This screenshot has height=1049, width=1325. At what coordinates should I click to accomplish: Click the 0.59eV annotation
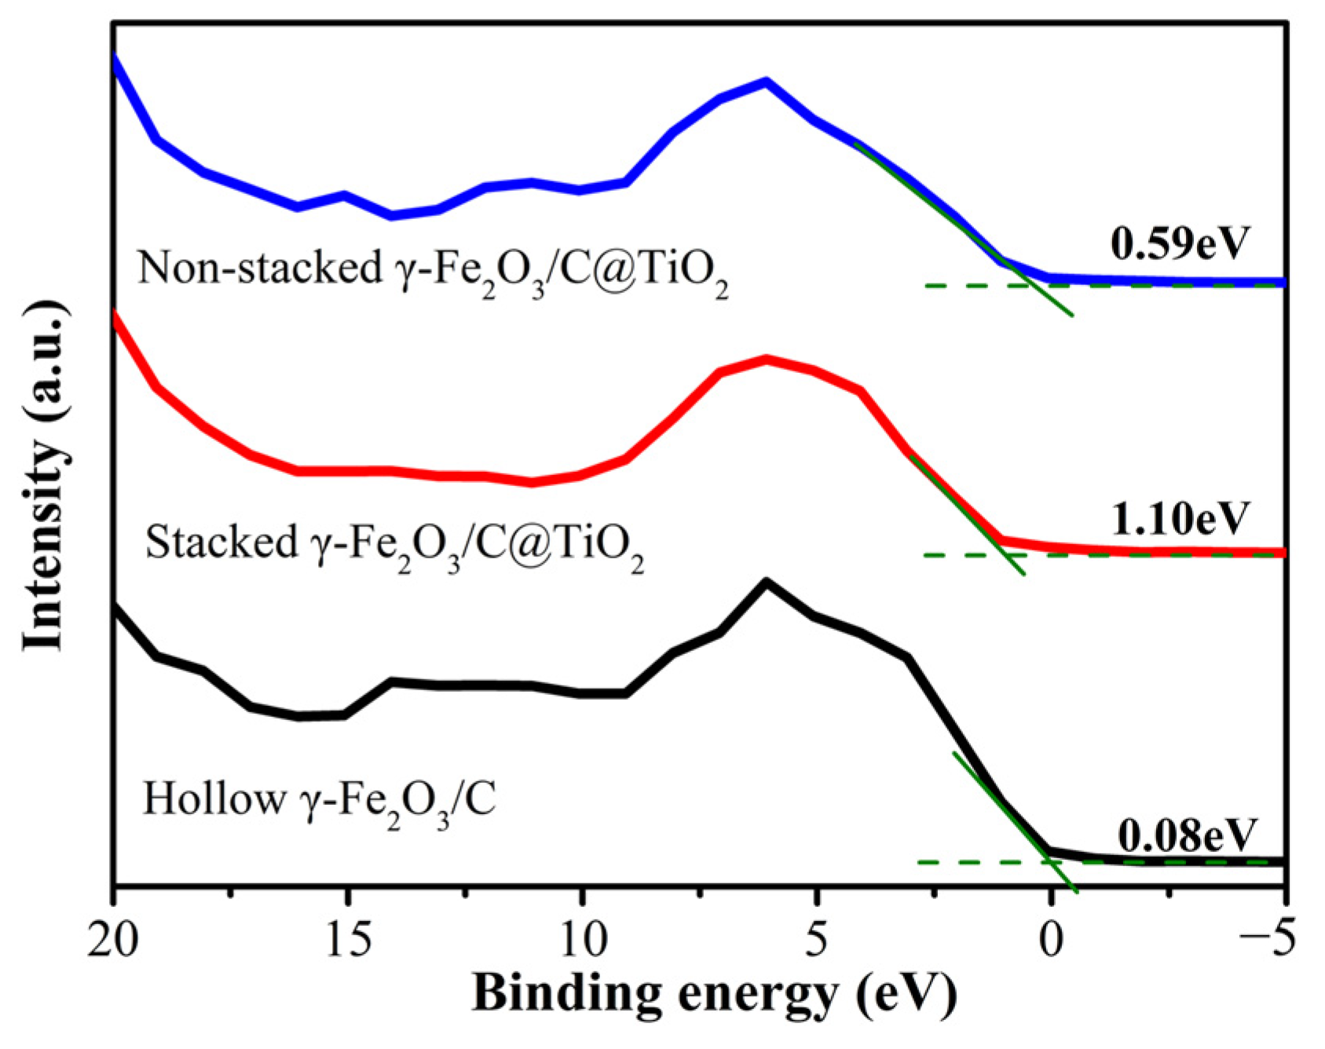coord(1178,243)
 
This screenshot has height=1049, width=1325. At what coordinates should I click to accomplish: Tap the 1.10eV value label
coord(1178,517)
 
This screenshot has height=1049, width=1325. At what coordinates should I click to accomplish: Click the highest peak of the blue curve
coord(766,81)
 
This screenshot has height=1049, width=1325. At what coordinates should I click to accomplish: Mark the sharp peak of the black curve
coord(767,582)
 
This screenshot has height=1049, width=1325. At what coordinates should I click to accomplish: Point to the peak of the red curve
coord(767,359)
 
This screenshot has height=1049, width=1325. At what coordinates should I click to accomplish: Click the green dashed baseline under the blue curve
coord(966,285)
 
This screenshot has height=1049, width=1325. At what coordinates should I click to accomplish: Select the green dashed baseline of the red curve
coord(958,555)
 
